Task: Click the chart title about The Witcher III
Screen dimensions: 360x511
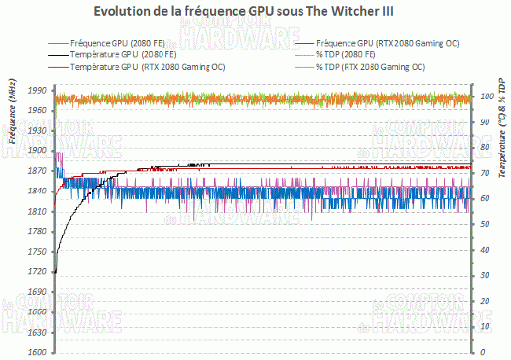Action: pyautogui.click(x=255, y=12)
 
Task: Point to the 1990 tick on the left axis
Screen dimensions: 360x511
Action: pyautogui.click(x=37, y=90)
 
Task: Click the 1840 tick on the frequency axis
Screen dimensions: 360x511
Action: pyautogui.click(x=37, y=191)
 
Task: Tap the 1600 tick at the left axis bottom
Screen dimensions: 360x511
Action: pyautogui.click(x=37, y=352)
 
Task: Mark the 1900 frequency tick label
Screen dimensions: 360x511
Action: pyautogui.click(x=37, y=151)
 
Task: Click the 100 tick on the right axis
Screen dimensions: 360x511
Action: pyautogui.click(x=485, y=96)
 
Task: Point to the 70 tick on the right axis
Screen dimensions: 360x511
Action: pyautogui.click(x=483, y=173)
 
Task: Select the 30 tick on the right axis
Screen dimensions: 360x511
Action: pyautogui.click(x=483, y=275)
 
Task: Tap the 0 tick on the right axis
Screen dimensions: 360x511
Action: pyautogui.click(x=481, y=352)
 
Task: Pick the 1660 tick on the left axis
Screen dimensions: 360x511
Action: pyautogui.click(x=37, y=312)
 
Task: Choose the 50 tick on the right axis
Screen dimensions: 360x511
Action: pyautogui.click(x=483, y=224)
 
